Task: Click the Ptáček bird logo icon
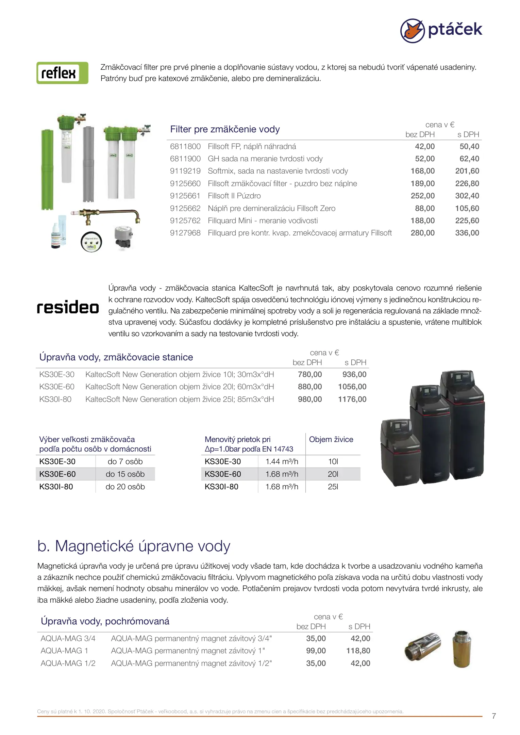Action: click(412, 31)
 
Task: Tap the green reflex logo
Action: click(62, 73)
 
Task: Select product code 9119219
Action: click(185, 171)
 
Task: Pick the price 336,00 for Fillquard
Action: click(467, 233)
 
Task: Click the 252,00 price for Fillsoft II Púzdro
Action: click(422, 196)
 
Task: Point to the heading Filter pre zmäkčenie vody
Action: click(225, 129)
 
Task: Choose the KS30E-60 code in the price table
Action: click(57, 387)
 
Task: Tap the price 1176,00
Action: click(352, 399)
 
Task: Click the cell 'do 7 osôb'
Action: click(125, 462)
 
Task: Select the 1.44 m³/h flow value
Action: click(282, 462)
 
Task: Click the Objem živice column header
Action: click(331, 440)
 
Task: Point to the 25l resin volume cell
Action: click(333, 487)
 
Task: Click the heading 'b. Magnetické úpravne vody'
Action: click(134, 546)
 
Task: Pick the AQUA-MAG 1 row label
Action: click(64, 651)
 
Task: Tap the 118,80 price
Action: click(358, 651)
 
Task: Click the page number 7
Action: click(494, 716)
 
